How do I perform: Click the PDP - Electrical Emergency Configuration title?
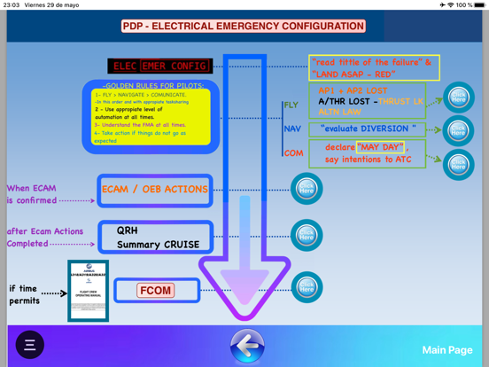(x=244, y=27)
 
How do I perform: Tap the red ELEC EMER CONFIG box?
(x=160, y=66)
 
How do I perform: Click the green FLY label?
(x=291, y=105)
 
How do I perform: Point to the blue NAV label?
(x=292, y=129)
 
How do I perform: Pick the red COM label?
(x=293, y=153)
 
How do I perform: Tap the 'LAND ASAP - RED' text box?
(x=374, y=67)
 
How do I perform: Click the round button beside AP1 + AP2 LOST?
(x=458, y=98)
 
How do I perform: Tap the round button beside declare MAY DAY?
(x=458, y=164)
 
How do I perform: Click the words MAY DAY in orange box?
(x=380, y=147)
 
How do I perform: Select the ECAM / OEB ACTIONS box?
(x=155, y=190)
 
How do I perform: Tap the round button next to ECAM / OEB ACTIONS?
(x=307, y=189)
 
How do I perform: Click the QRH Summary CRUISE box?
(x=155, y=237)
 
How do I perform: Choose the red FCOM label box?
(x=156, y=291)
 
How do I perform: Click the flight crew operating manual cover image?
(x=88, y=290)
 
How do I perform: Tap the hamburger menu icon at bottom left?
(x=29, y=345)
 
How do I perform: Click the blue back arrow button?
(x=247, y=346)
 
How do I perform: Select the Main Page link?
(x=446, y=350)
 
